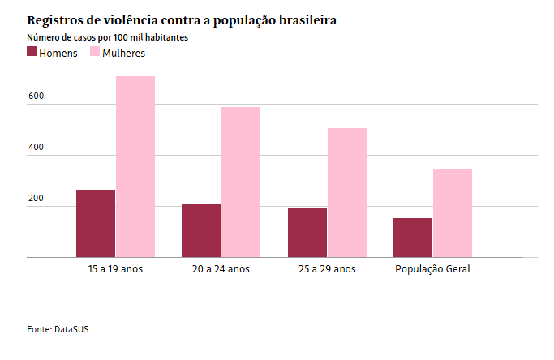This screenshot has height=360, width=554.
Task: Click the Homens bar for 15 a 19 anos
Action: [96, 224]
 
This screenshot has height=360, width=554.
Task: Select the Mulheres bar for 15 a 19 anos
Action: [135, 167]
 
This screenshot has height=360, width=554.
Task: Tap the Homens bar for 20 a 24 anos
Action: [201, 230]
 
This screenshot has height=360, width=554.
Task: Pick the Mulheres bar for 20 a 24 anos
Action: [241, 182]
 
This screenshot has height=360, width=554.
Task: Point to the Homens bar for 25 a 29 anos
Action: [307, 233]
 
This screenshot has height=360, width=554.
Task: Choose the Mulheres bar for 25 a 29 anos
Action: [347, 193]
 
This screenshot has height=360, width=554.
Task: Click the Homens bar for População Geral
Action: [413, 238]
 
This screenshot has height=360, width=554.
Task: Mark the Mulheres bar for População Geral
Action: [453, 213]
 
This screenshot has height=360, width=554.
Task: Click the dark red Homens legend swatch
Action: [32, 52]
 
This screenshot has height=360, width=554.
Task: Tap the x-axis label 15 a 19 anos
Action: [115, 268]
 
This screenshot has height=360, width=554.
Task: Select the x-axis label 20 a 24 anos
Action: [221, 268]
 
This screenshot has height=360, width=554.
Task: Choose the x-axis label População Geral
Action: [432, 268]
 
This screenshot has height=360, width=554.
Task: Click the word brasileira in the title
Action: [304, 19]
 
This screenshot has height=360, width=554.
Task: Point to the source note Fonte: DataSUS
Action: [54, 329]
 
